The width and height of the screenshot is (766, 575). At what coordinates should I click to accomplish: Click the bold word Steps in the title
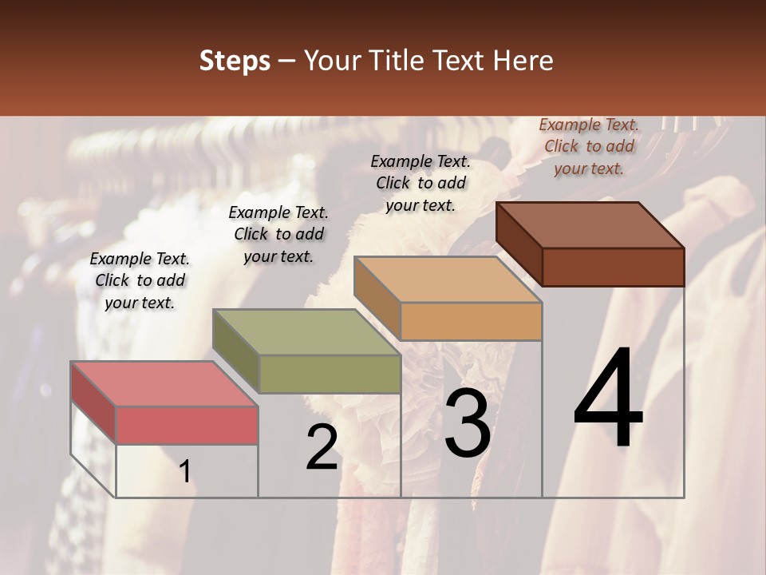pyautogui.click(x=235, y=60)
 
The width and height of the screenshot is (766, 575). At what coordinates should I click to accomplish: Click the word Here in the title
pyautogui.click(x=523, y=60)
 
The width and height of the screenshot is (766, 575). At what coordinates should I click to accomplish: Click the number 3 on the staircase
pyautogui.click(x=468, y=423)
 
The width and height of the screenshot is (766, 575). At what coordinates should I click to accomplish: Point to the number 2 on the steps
pyautogui.click(x=322, y=447)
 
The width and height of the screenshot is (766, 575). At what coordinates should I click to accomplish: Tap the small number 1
pyautogui.click(x=185, y=472)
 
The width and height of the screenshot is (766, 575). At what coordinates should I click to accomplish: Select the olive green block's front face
pyautogui.click(x=330, y=375)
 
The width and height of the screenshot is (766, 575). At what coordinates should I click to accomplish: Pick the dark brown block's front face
pyautogui.click(x=613, y=267)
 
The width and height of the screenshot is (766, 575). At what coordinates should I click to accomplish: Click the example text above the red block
pyautogui.click(x=140, y=280)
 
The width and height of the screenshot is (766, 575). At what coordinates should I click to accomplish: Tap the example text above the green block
pyautogui.click(x=278, y=234)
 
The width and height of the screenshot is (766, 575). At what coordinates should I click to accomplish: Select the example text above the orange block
pyautogui.click(x=421, y=183)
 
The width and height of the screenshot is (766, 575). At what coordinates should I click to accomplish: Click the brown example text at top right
pyautogui.click(x=589, y=146)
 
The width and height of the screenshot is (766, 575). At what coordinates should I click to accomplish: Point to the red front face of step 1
pyautogui.click(x=187, y=425)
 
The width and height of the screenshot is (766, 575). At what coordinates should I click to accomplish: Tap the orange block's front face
pyautogui.click(x=471, y=322)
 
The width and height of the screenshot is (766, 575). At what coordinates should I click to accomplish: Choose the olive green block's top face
pyautogui.click(x=306, y=332)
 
